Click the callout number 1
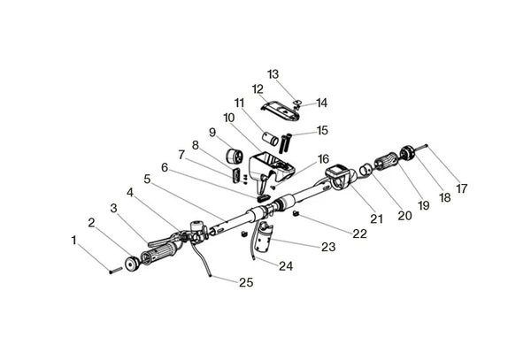tap(73, 241)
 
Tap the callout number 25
tap(246, 282)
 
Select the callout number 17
tap(462, 188)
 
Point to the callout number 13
tap(273, 74)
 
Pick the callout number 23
tap(328, 247)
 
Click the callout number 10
tap(229, 118)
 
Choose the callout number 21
tap(376, 218)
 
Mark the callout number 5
tap(147, 179)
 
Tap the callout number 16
tap(323, 159)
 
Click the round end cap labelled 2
tap(132, 264)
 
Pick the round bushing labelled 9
tap(235, 156)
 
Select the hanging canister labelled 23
tap(264, 237)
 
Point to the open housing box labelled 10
tap(270, 168)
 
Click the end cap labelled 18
tap(407, 152)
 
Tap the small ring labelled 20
tap(365, 169)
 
